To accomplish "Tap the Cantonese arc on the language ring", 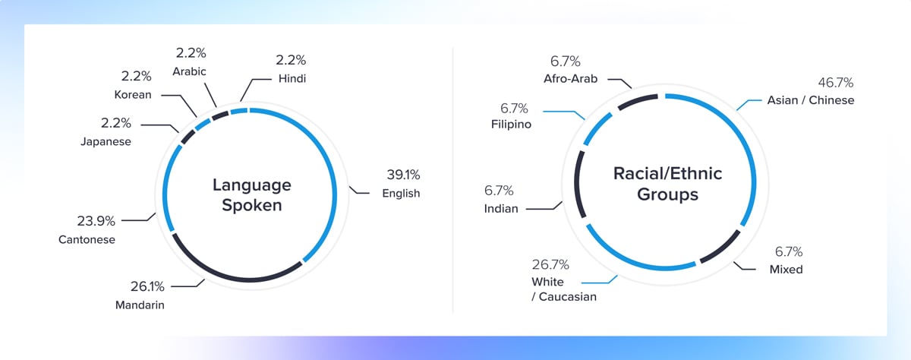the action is [164, 187].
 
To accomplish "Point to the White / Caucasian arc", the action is [635, 264].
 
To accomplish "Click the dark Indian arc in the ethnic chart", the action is [577, 183].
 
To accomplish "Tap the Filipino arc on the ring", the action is [596, 128].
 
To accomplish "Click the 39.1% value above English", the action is [403, 175].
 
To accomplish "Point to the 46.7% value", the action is [835, 83].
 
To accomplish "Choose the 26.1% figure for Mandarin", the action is [147, 286].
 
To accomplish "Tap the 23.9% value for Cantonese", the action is [96, 221].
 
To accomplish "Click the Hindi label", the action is [292, 78].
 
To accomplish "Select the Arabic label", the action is [189, 71].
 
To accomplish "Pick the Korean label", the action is [133, 95].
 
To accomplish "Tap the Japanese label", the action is [106, 141].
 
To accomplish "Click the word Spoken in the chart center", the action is [252, 205].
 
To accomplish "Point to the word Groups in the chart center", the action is [667, 194].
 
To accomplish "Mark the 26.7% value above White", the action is [550, 264].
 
